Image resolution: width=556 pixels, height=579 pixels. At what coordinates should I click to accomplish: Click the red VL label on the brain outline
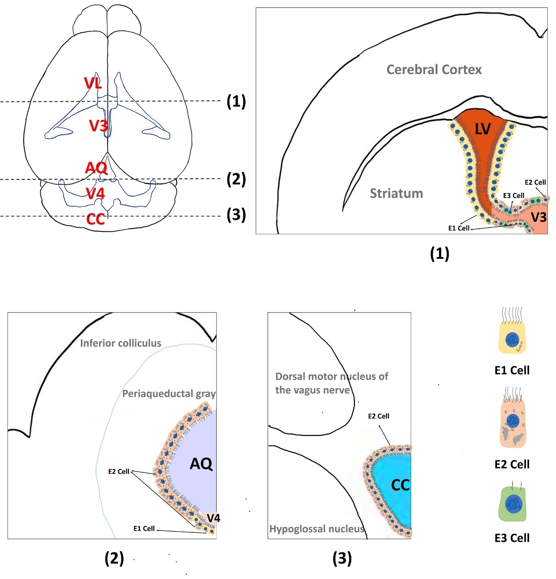[x=93, y=83]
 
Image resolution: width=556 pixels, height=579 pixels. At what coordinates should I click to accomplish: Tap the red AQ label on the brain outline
[x=96, y=168]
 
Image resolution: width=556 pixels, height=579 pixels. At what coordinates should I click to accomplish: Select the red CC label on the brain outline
[x=96, y=220]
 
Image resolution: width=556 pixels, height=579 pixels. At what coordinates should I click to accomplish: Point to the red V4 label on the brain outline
[x=96, y=193]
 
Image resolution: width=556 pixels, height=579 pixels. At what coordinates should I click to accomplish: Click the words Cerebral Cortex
[x=434, y=70]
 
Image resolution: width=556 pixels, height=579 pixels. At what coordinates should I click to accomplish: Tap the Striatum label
[x=396, y=193]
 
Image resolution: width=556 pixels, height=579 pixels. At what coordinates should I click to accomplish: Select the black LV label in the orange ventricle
[x=482, y=129]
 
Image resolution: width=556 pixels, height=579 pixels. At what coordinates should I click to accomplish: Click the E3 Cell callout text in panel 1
[x=513, y=196]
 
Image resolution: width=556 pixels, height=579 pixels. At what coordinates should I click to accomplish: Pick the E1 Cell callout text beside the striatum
[x=459, y=228]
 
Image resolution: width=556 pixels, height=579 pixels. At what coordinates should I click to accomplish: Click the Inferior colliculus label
[x=121, y=343]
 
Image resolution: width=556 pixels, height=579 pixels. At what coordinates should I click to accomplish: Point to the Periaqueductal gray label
[x=169, y=393]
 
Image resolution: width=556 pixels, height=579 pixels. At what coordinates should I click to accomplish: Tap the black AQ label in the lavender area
[x=201, y=464]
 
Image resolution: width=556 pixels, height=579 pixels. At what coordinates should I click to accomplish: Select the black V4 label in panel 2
[x=213, y=518]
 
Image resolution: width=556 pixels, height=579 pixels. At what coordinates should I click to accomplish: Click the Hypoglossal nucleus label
[x=317, y=529]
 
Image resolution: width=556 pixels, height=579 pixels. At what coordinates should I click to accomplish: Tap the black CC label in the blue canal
[x=401, y=485]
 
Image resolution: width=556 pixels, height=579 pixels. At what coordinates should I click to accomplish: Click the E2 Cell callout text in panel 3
[x=379, y=416]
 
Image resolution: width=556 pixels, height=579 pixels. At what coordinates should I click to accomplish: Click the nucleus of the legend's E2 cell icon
[x=513, y=419]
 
